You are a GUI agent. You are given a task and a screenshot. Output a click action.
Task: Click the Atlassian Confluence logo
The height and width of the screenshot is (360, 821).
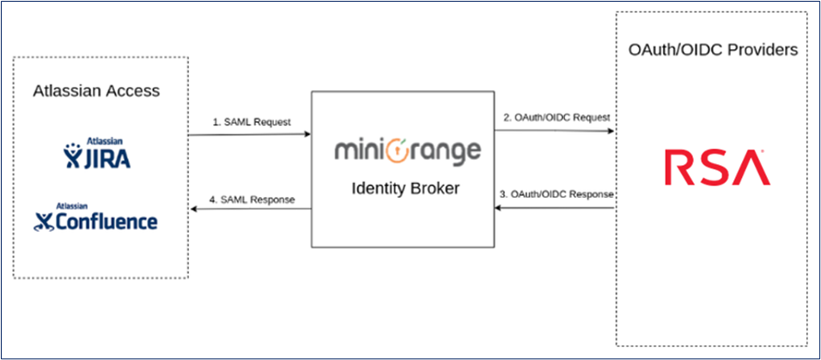pyautogui.click(x=96, y=218)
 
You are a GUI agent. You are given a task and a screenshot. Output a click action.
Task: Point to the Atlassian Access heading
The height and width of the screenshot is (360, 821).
pyautogui.click(x=96, y=91)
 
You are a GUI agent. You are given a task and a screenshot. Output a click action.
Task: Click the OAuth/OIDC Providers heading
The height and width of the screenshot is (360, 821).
pyautogui.click(x=713, y=50)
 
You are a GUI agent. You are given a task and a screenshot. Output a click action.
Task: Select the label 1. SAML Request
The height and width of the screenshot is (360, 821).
pyautogui.click(x=252, y=122)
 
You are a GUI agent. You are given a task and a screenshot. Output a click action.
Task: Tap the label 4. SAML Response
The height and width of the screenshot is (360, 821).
pyautogui.click(x=252, y=200)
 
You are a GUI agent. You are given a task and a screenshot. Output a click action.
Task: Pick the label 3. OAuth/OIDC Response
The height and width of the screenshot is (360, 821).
pyautogui.click(x=556, y=194)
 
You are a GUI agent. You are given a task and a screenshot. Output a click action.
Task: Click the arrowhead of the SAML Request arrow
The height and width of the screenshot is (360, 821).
pyautogui.click(x=307, y=134)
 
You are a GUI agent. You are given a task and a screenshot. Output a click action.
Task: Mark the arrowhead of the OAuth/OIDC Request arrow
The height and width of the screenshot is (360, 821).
pyautogui.click(x=611, y=131)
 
